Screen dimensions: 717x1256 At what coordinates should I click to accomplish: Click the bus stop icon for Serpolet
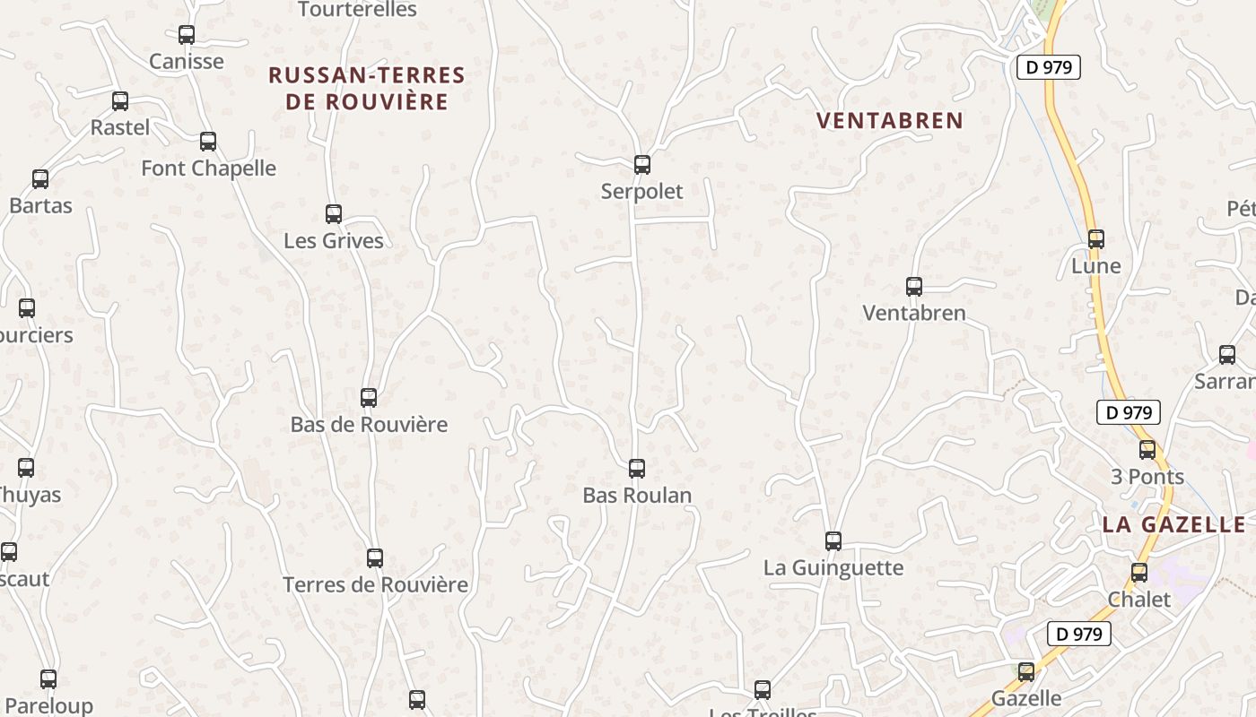641,165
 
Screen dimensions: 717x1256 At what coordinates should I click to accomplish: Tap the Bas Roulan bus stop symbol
637,469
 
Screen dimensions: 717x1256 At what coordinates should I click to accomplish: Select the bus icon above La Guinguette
833,541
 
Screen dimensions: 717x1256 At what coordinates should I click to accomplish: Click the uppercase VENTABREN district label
890,120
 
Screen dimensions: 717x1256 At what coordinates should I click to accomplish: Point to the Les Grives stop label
334,241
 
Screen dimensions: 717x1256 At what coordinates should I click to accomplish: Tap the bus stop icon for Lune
1095,239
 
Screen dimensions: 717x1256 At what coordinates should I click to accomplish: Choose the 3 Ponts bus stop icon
1147,450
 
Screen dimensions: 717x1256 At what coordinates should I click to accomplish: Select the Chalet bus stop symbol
1139,573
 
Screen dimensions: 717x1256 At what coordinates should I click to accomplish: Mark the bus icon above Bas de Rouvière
369,398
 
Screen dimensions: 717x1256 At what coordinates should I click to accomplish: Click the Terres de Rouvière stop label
376,585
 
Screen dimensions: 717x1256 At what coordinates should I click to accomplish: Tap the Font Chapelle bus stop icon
208,142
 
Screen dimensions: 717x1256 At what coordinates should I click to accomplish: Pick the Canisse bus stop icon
187,35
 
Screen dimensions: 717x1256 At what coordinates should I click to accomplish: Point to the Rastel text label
120,128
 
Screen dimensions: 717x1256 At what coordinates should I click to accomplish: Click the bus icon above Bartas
40,179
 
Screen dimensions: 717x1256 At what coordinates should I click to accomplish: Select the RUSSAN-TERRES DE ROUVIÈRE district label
367,88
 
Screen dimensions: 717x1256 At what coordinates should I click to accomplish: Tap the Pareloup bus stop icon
48,679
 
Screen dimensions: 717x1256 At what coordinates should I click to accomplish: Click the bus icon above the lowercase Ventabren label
914,287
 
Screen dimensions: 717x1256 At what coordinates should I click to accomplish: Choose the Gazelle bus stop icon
1026,671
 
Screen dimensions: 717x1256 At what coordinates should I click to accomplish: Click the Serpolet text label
641,192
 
